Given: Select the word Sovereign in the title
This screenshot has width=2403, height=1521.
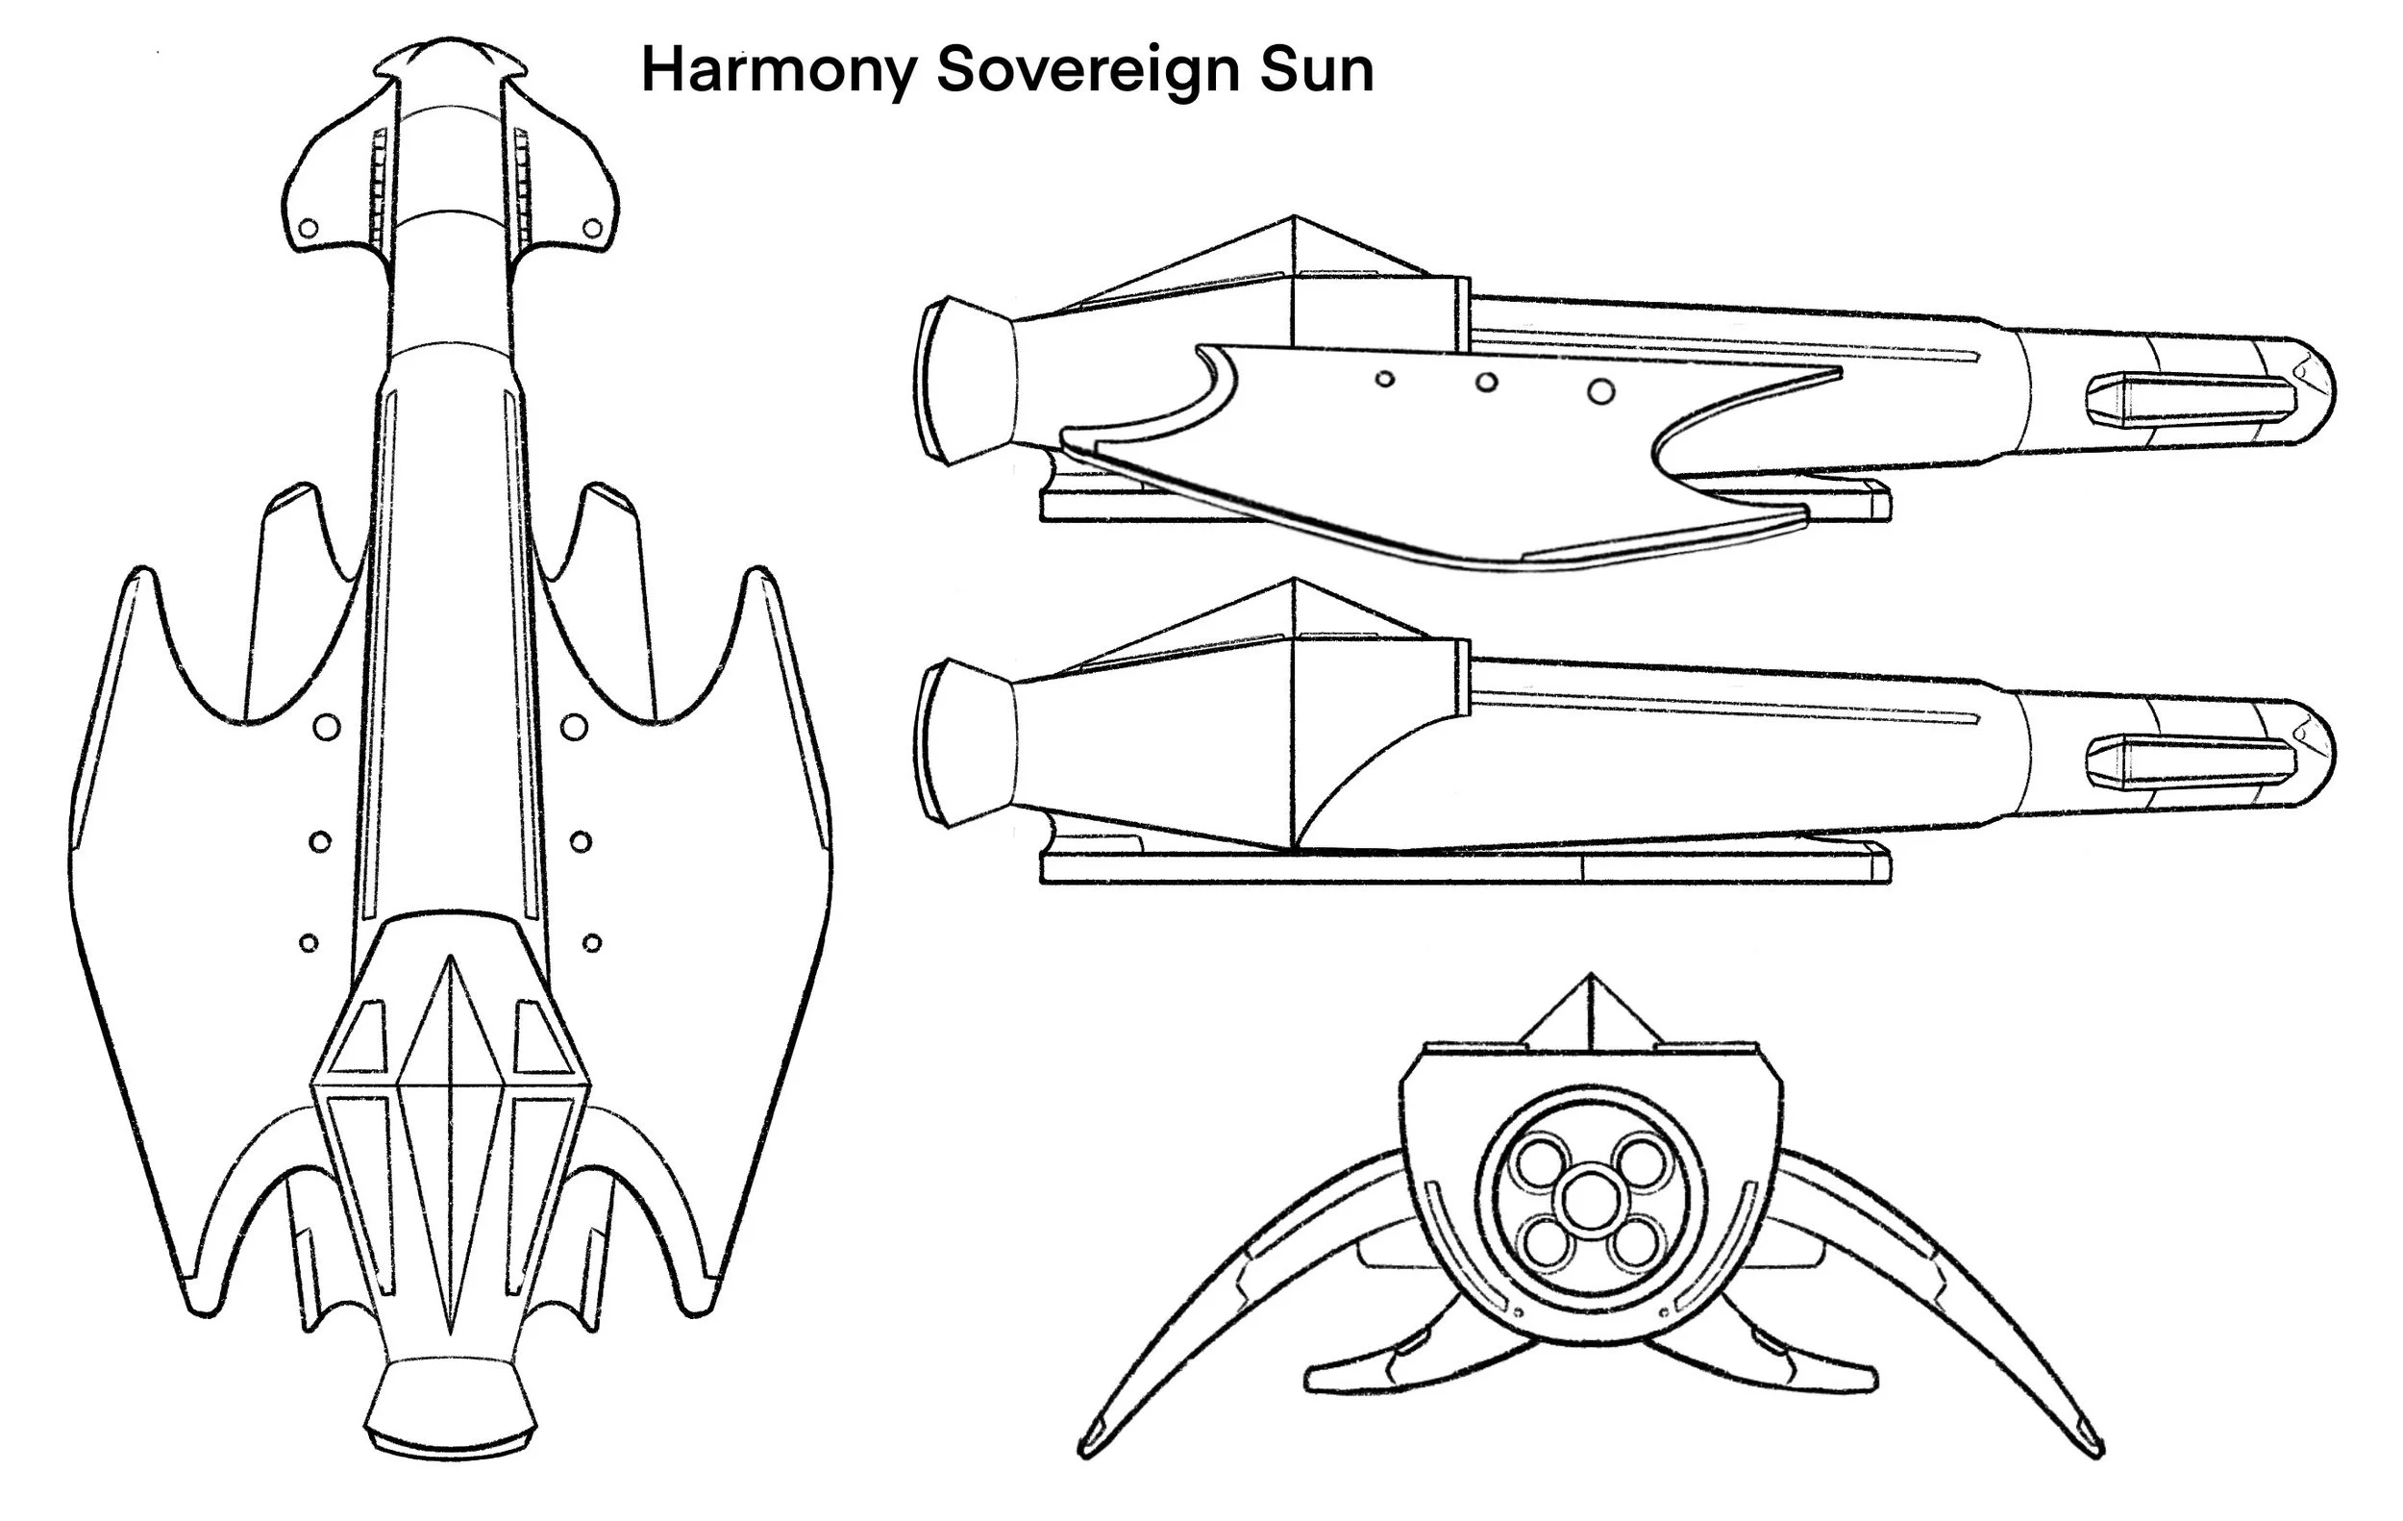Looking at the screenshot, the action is (1089, 72).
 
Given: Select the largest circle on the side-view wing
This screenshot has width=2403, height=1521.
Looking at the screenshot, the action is (1600, 391).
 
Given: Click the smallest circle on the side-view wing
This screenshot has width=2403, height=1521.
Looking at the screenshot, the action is (1384, 379).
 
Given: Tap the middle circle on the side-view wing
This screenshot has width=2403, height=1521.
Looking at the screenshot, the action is (1486, 383).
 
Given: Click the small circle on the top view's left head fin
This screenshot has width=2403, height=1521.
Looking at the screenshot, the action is (309, 229).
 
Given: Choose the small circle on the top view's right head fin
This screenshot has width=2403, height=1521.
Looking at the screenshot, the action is (592, 229).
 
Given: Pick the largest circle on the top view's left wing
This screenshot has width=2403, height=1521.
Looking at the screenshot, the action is (326, 727).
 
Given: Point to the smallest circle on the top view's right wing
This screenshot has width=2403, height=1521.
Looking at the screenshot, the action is (592, 942).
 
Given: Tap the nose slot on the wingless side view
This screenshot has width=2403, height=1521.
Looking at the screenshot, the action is (2191, 759).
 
